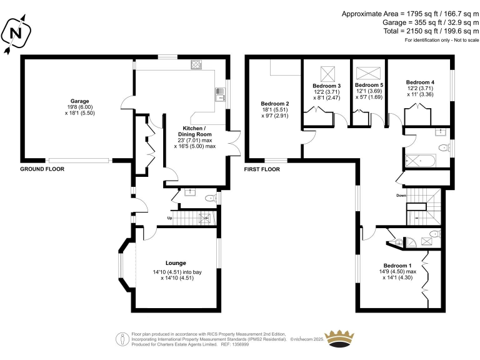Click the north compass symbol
coord(16,33)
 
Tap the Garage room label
coord(79,101)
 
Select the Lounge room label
coord(176,263)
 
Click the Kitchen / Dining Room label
coord(195,131)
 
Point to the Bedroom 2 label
coord(274,104)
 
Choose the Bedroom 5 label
coord(369,85)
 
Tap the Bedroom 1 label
coord(397,266)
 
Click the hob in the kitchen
coord(196,64)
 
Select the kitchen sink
coord(220,94)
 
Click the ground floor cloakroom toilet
coord(210,198)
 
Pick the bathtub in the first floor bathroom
coord(420,161)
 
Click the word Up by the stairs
coord(169,218)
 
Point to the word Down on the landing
coord(401,195)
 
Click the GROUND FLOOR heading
coord(42,169)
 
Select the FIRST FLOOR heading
coord(262,169)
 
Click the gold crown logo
coord(339,339)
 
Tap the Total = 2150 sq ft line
coord(431,31)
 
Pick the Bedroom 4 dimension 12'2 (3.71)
coord(420,88)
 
